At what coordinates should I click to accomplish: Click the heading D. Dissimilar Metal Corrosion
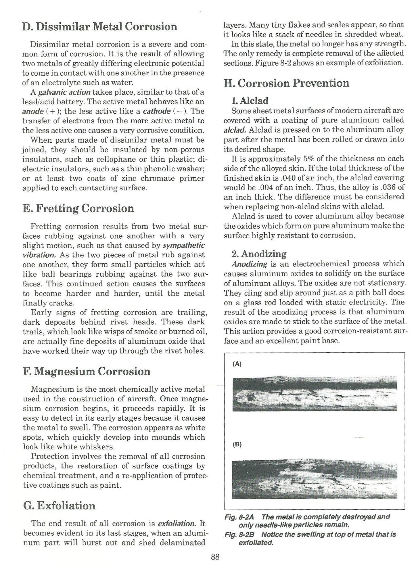pos(99,26)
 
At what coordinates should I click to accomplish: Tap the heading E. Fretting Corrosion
pos(78,208)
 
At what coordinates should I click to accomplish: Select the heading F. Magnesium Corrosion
pos(86,371)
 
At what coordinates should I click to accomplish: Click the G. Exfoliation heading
pos(59,505)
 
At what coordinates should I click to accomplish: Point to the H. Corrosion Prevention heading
pos(286,83)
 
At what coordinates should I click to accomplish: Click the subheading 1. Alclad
pos(250,101)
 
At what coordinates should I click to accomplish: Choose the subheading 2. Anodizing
pos(259,254)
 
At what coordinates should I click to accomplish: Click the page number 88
pos(215,557)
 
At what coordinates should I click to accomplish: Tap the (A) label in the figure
pos(237,364)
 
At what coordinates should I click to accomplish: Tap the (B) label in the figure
pos(237,445)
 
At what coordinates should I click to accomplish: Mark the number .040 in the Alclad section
pos(290,178)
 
